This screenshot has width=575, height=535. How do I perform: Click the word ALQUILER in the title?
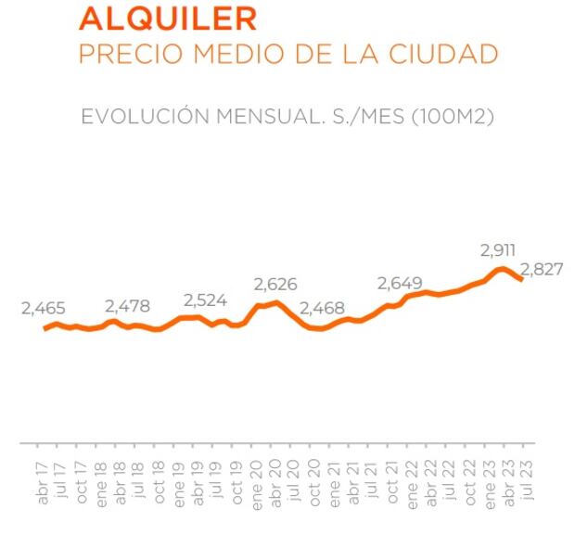click(x=168, y=19)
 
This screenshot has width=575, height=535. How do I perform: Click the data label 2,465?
click(x=43, y=310)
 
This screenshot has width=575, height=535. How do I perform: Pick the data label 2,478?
click(x=126, y=305)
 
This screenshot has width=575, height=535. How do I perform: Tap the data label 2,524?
click(x=205, y=300)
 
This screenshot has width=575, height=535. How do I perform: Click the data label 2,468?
click(x=324, y=307)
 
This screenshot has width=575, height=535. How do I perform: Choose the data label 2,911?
click(x=498, y=249)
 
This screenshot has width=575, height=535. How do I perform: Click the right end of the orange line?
click(x=522, y=279)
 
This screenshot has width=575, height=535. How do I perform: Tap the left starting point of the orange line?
click(x=45, y=328)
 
